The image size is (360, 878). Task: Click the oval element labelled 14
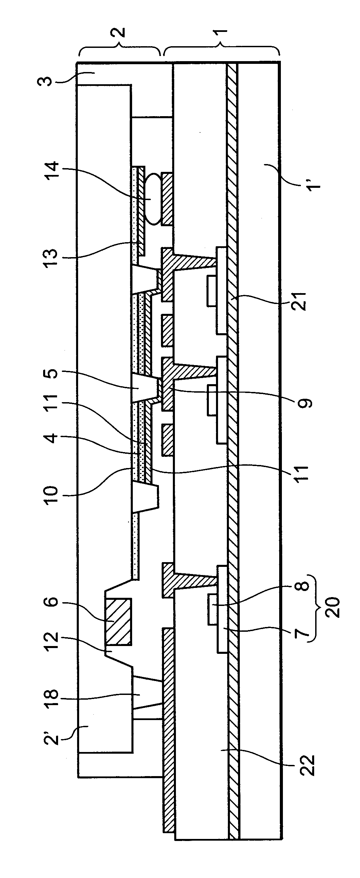154,199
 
